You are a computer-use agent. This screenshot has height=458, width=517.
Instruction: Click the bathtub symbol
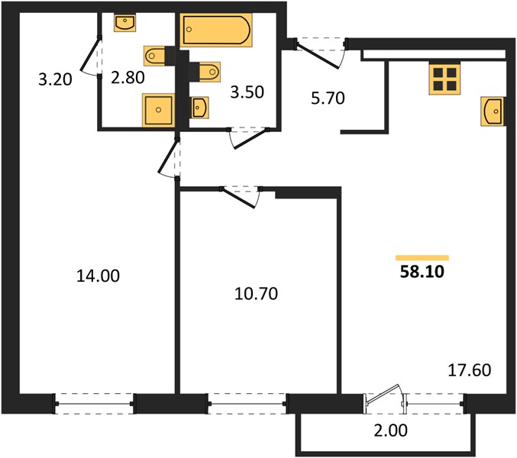pyautogui.click(x=216, y=30)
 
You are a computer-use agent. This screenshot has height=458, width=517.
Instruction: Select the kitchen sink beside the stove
pyautogui.click(x=493, y=111)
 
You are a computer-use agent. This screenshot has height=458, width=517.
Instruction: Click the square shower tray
pyautogui.click(x=158, y=110)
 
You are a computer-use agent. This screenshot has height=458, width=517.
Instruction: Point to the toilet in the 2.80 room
pyautogui.click(x=154, y=56)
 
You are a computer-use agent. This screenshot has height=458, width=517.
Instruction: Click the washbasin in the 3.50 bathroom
pyautogui.click(x=199, y=108)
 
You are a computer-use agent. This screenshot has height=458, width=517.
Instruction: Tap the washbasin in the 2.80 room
pyautogui.click(x=125, y=23)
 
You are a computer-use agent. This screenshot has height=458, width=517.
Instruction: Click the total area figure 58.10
pyautogui.click(x=422, y=272)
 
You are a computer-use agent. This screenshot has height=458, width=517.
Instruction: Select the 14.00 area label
pyautogui.click(x=98, y=276)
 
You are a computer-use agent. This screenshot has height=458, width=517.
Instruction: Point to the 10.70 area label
pyautogui.click(x=256, y=293)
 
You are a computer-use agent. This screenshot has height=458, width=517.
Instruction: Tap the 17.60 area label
pyautogui.click(x=470, y=370)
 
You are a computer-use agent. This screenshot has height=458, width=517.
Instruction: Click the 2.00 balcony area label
pyautogui.click(x=391, y=431)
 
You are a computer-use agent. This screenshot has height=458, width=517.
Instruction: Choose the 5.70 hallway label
pyautogui.click(x=328, y=98)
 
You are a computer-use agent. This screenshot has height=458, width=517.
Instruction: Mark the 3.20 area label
pyautogui.click(x=55, y=79)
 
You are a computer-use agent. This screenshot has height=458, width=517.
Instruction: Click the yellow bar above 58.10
pyautogui.click(x=422, y=258)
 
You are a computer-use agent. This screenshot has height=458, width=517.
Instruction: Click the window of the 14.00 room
pyautogui.click(x=95, y=404)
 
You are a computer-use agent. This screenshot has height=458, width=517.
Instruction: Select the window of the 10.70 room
pyautogui.click(x=247, y=404)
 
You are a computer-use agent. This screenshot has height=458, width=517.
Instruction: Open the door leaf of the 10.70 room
pyautogui.click(x=239, y=198)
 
